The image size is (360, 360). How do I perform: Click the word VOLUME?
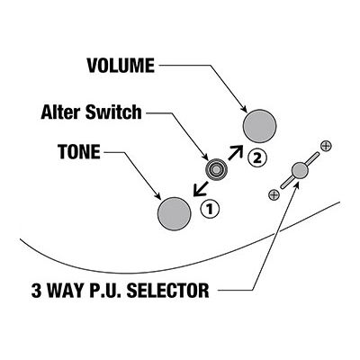pos(121,66)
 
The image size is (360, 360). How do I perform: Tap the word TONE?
pos(79,152)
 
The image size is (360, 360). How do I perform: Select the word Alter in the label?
pos(60,112)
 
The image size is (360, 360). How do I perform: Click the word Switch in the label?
pos(113,112)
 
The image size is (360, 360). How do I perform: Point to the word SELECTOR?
pos(168,290)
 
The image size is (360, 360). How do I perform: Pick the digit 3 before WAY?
pos(37,290)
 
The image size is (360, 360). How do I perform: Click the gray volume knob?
pos(259,126)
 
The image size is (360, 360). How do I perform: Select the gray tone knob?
pos(175,213)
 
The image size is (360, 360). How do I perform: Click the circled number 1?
pos(210,209)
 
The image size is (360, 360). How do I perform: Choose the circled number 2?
pos(256,158)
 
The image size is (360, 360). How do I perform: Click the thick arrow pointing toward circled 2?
pos(235,152)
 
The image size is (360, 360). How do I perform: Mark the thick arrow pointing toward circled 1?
pos(201,189)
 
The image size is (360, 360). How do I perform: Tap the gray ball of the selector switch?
pos(300,170)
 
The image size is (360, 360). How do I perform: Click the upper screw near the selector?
pos(326,146)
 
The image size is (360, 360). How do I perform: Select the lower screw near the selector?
pos(274,195)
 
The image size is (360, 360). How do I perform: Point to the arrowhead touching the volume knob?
pos(244,109)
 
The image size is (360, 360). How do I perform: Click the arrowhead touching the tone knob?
pos(158,194)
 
